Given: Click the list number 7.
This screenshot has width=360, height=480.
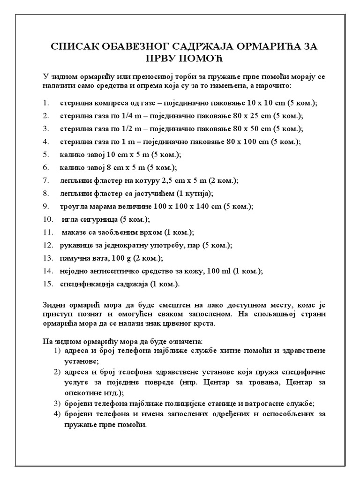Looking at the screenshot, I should [45, 180].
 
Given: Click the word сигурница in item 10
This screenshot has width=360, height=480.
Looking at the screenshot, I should [100, 219].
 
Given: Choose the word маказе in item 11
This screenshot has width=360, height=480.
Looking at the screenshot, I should [75, 232].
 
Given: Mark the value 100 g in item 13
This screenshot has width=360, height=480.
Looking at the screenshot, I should [118, 258].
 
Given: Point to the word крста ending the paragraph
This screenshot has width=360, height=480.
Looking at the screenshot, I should [204, 323].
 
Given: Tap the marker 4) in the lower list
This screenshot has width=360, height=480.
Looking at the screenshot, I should [57, 414].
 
